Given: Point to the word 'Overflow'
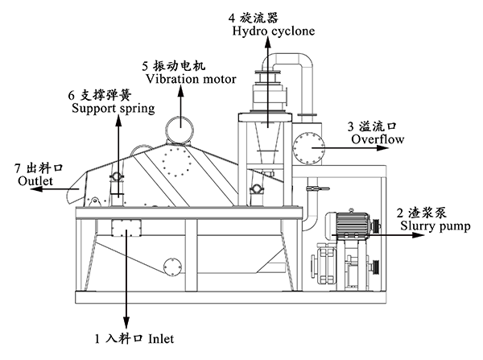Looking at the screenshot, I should point(376,139).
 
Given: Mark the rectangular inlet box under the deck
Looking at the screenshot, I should point(126,228).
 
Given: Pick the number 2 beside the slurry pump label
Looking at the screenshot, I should point(400,213).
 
